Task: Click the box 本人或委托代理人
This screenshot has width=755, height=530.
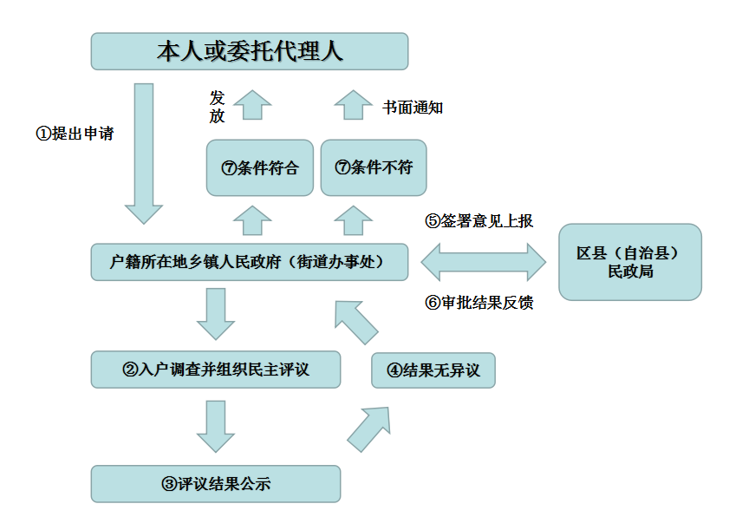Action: pos(250,51)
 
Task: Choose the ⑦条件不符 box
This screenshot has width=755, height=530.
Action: pos(374,167)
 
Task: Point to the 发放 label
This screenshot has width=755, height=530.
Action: pos(217,107)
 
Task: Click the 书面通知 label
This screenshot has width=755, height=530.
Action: pos(413,108)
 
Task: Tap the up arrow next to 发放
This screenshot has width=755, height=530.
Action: pos(252,105)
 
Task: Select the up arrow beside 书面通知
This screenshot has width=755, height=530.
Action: pos(353,105)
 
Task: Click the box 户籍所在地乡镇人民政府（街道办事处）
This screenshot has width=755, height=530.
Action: pos(250,261)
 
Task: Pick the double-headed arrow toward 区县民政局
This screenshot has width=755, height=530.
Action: pos(483,261)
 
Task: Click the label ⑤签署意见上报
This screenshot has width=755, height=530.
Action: pos(478,221)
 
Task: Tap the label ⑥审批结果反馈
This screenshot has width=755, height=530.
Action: pos(478,303)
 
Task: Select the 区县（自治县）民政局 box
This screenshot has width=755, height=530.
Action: pos(629,262)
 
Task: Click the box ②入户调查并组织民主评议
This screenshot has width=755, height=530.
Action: pos(216,370)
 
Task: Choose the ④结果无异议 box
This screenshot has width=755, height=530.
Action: pos(433,370)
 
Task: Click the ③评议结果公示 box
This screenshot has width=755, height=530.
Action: pos(216,484)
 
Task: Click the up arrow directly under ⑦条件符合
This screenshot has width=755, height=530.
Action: pos(252,220)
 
